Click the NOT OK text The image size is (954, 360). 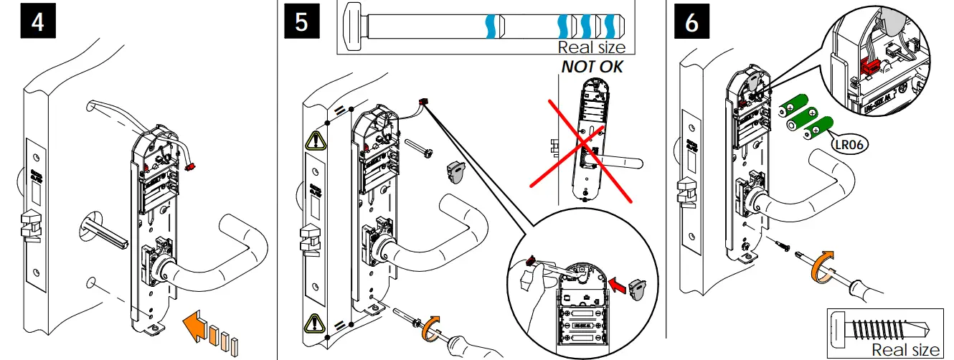coord(592,67)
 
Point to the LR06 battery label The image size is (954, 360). coord(850,144)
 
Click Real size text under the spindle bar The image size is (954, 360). coord(591,47)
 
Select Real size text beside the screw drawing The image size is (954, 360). coord(905,349)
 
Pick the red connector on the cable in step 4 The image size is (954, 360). coord(191,166)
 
